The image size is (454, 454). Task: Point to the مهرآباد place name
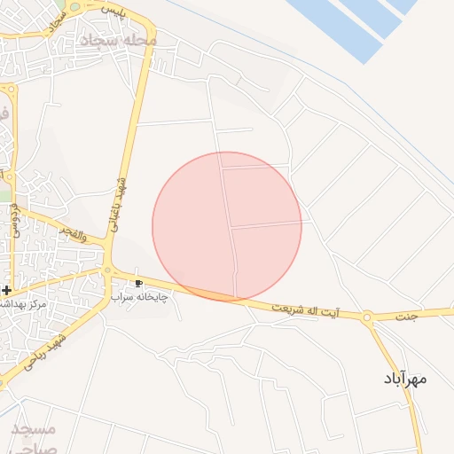point(406,379)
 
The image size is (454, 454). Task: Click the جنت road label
point(406,316)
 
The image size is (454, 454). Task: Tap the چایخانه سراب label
point(140,297)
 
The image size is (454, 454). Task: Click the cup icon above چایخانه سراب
point(138,284)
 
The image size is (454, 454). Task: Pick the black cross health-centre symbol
point(6,290)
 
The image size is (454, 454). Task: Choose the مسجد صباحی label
point(35,438)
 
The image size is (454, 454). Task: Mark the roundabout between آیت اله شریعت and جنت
point(367,317)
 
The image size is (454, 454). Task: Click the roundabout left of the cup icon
point(107,272)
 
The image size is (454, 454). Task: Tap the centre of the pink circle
point(227,226)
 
